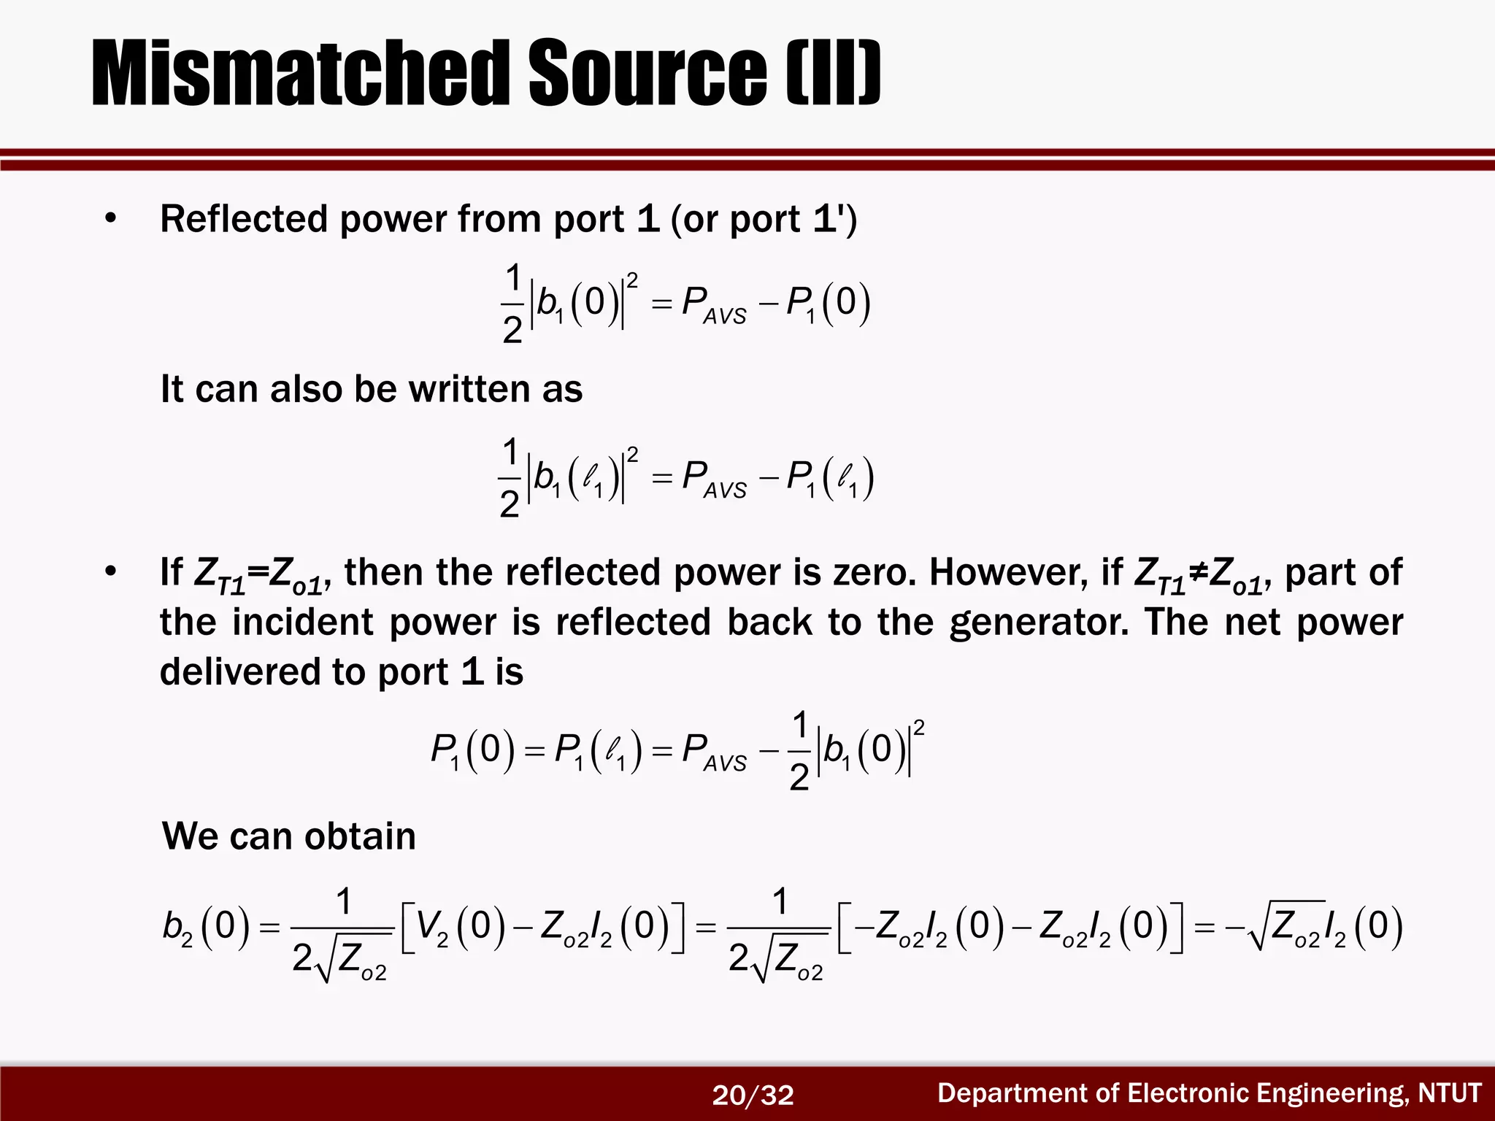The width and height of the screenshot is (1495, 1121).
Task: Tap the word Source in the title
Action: [647, 73]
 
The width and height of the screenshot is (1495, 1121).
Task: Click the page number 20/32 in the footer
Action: [753, 1095]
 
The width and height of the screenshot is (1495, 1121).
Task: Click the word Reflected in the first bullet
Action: [244, 219]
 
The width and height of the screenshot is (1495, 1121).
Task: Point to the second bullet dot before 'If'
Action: [110, 572]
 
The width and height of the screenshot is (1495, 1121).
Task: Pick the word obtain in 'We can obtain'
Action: [360, 836]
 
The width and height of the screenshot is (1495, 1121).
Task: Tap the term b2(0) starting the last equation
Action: [206, 925]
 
